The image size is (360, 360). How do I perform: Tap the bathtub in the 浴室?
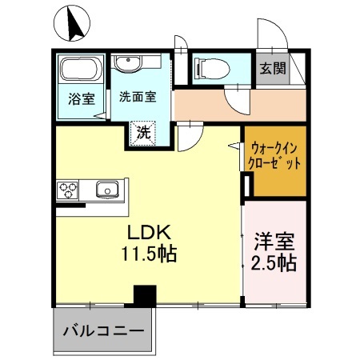pyautogui.click(x=80, y=70)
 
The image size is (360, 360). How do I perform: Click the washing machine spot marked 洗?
pyautogui.click(x=142, y=132)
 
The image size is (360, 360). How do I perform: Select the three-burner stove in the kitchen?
pyautogui.click(x=68, y=190)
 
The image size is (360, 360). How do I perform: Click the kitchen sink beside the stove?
pyautogui.click(x=107, y=190)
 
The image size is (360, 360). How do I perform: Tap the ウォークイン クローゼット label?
pyautogui.click(x=275, y=155)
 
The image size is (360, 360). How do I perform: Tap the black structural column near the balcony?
pyautogui.click(x=145, y=295)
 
